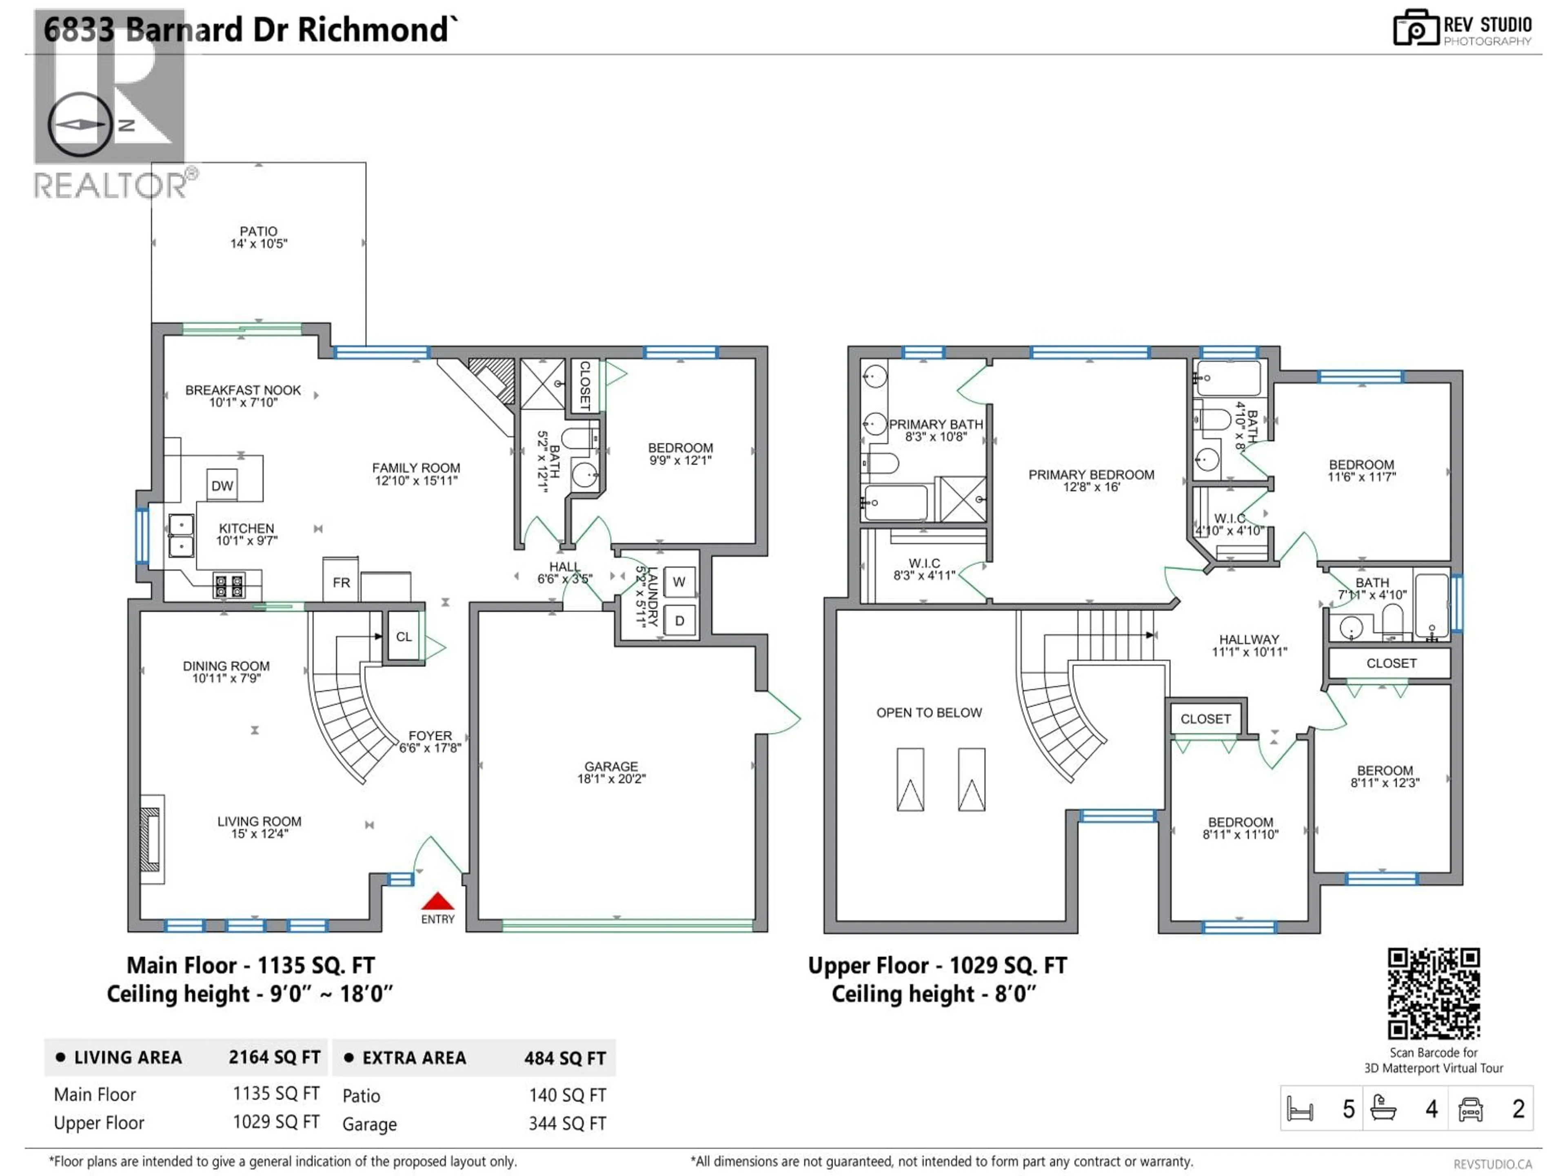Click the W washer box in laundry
coord(679,582)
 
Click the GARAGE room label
coord(610,772)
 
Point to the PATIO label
coord(259,237)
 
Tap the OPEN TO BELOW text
coord(929,713)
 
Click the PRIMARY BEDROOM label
coord(1091,480)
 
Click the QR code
coord(1433,994)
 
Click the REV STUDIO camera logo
coord(1415,28)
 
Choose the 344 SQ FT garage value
coord(567,1124)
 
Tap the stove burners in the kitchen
coord(229,586)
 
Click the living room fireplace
coord(150,839)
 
